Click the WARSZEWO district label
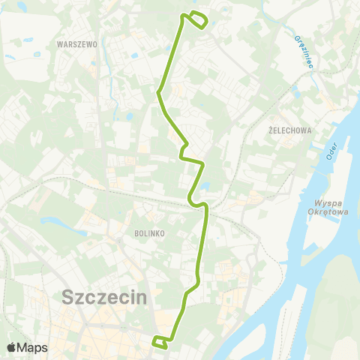77,44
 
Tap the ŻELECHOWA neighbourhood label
289,129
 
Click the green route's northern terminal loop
196,20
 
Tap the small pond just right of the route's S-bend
206,187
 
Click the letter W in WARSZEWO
60,44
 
